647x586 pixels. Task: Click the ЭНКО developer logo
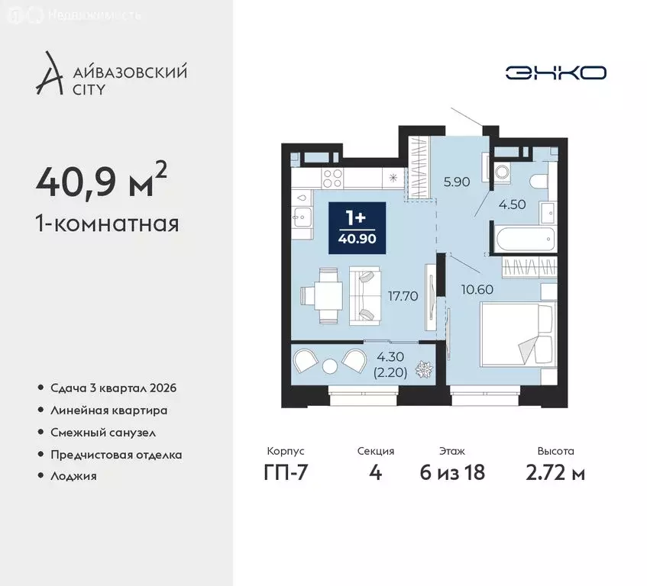point(556,73)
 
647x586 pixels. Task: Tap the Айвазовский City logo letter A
point(49,73)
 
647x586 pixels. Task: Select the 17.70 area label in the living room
point(403,295)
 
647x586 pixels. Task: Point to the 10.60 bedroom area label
point(477,289)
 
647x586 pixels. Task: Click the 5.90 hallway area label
point(457,182)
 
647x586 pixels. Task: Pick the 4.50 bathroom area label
point(512,204)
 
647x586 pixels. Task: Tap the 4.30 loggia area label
point(390,356)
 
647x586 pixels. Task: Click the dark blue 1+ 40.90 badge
point(357,228)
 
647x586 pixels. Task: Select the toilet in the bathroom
point(540,182)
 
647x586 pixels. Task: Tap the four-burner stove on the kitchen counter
point(332,179)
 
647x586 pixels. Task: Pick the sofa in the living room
point(365,296)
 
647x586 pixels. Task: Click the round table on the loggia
point(330,366)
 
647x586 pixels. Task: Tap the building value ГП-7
point(286,472)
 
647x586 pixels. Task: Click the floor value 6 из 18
point(452,472)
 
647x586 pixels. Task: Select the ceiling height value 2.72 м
point(555,472)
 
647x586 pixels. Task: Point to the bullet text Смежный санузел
point(103,433)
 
